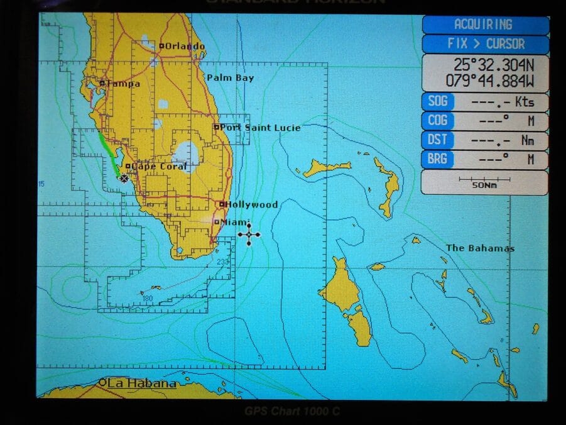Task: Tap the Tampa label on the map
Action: tap(122, 84)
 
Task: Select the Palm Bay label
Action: tap(231, 78)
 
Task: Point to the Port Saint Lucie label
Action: tap(259, 128)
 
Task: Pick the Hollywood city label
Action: tap(251, 205)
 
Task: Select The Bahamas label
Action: tap(480, 248)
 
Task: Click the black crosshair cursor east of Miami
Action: tap(249, 235)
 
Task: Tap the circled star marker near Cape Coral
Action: tap(124, 179)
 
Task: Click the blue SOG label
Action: tap(437, 101)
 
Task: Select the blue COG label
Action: tap(437, 121)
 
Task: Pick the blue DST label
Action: tap(437, 140)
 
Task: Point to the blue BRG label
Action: tap(437, 159)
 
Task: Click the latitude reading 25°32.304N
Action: tap(493, 64)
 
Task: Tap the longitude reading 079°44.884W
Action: tap(490, 80)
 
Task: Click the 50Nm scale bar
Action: tap(484, 182)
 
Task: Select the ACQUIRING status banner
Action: tap(483, 25)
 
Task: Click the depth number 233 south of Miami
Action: tap(222, 262)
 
